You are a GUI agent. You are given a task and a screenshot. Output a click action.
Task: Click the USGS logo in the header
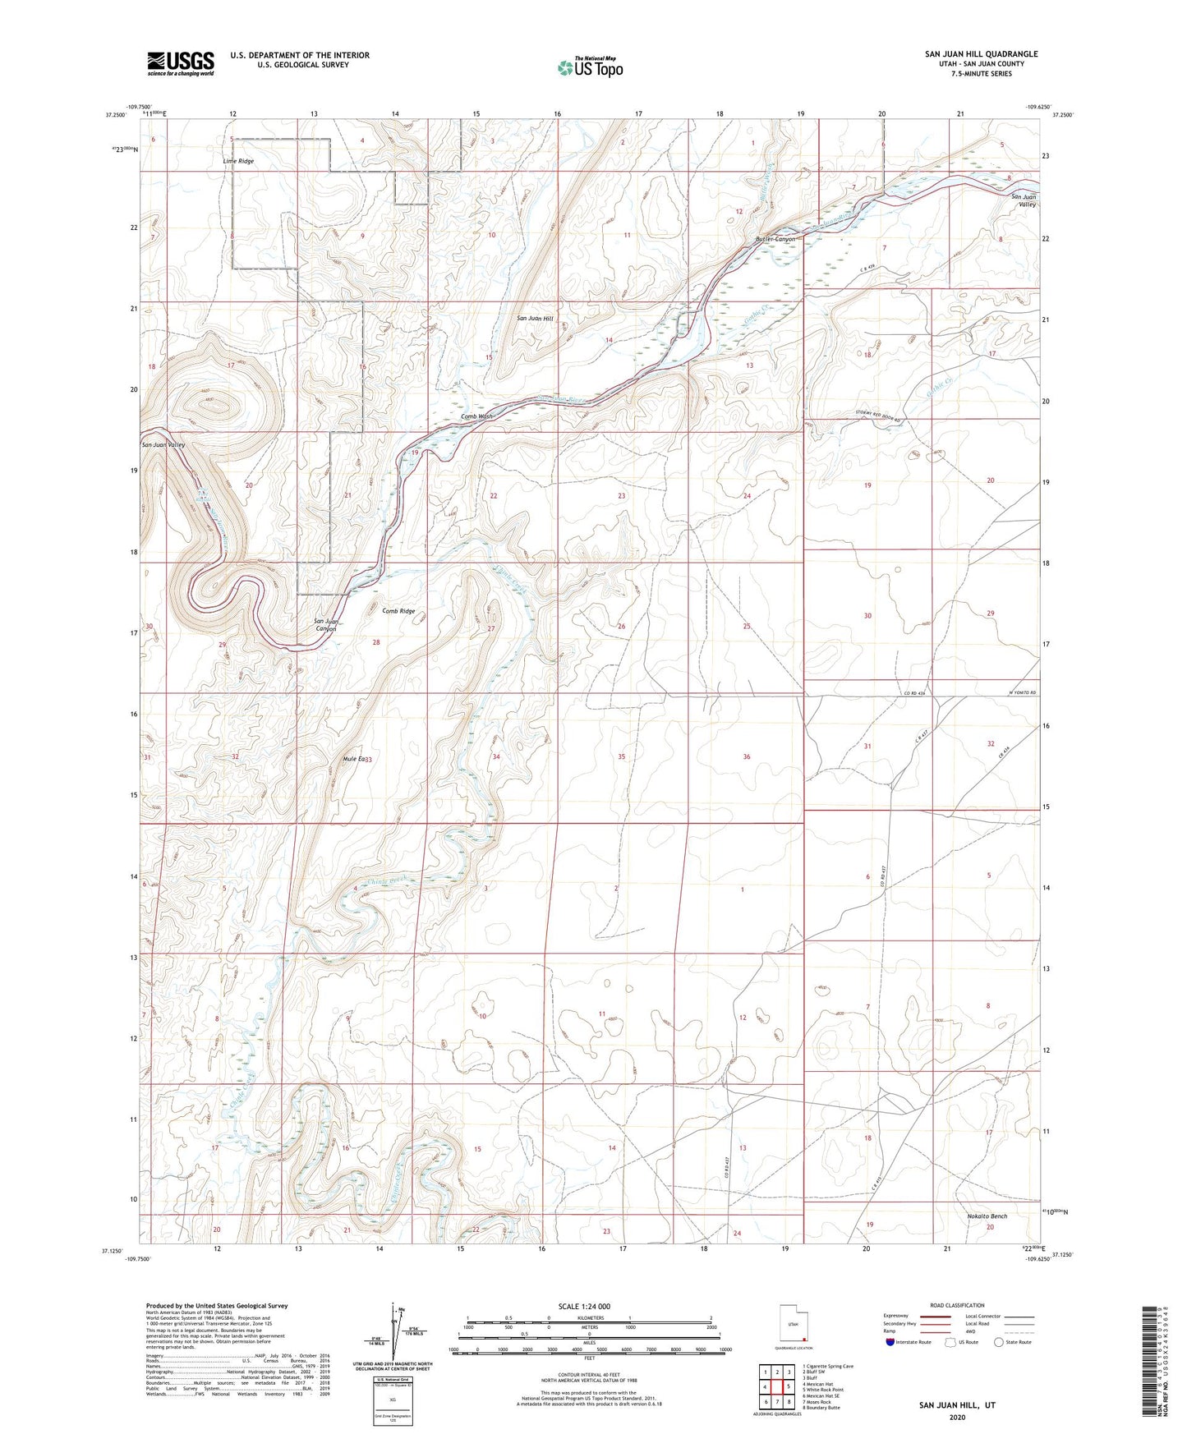[x=181, y=63]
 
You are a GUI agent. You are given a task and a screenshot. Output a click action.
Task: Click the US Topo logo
[x=590, y=67]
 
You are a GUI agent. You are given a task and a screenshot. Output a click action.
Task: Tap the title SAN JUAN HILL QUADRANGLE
[x=981, y=54]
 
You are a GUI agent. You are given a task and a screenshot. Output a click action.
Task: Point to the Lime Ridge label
[x=238, y=161]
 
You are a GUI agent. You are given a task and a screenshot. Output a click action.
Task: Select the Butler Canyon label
[x=775, y=239]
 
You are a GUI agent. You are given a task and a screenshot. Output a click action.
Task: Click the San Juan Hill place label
[x=535, y=318]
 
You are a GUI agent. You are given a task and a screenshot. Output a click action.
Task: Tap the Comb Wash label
[x=476, y=416]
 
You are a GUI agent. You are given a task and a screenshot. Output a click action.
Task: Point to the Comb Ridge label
[x=398, y=611]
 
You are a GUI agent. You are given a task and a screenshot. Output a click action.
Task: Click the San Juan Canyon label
[x=326, y=625]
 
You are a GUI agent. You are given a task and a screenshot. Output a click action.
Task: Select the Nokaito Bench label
[x=987, y=1216]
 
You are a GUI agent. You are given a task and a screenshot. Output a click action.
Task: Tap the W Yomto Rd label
[x=1018, y=694]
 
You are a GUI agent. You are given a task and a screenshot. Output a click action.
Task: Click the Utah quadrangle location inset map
[x=793, y=1326]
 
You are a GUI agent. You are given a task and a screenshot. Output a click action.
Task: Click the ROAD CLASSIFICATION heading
[x=957, y=1305]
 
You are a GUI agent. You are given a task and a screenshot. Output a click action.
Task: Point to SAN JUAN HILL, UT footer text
[x=957, y=1405]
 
